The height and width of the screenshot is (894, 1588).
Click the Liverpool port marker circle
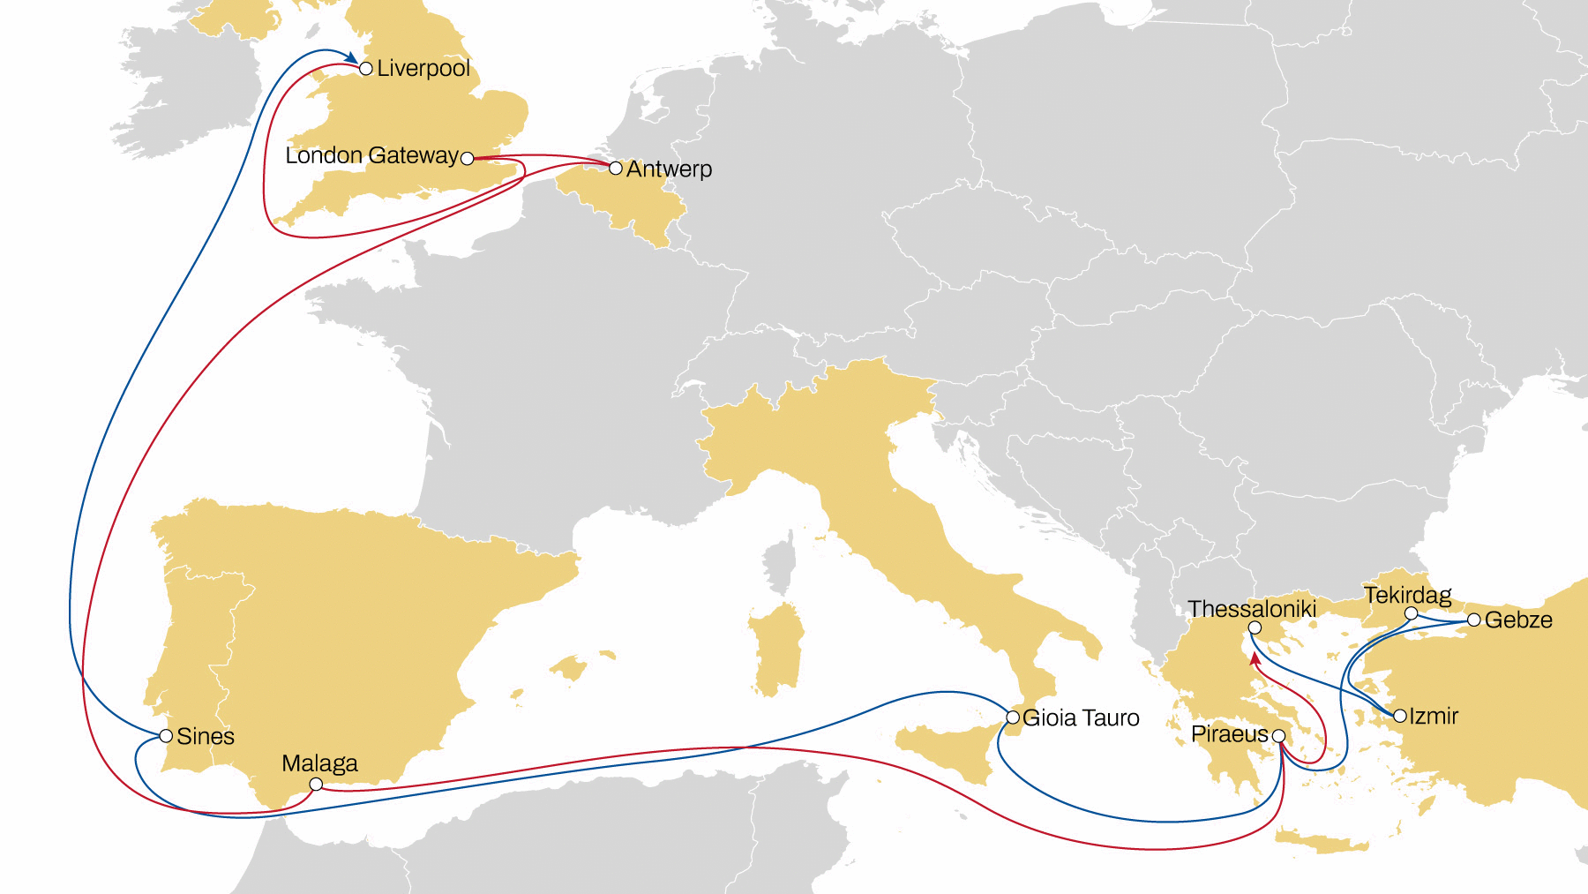pyautogui.click(x=366, y=69)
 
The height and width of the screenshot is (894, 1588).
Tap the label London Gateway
pyautogui.click(x=371, y=156)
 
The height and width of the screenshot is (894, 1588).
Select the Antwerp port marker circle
pyautogui.click(x=616, y=168)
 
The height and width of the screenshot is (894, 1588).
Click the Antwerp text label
pyautogui.click(x=669, y=169)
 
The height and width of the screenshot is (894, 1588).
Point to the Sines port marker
pyautogui.click(x=166, y=735)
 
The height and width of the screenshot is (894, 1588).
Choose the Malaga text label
pyautogui.click(x=319, y=763)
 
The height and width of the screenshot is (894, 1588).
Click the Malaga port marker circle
pyautogui.click(x=316, y=784)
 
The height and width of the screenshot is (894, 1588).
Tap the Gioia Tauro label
pyautogui.click(x=1081, y=718)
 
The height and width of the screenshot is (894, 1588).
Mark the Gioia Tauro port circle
pyautogui.click(x=1013, y=717)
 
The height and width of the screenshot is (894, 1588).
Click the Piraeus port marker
pyautogui.click(x=1278, y=735)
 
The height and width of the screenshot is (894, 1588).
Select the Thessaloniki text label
pyautogui.click(x=1252, y=609)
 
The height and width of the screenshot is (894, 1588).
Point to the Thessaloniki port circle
pyautogui.click(x=1255, y=628)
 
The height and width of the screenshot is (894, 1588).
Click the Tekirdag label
pyautogui.click(x=1407, y=595)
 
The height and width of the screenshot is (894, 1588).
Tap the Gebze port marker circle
pyautogui.click(x=1473, y=620)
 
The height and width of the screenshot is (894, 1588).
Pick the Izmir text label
pyautogui.click(x=1434, y=716)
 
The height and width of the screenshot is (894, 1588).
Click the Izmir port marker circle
pyautogui.click(x=1400, y=716)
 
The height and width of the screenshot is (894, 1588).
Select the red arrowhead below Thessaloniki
pyautogui.click(x=1255, y=658)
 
